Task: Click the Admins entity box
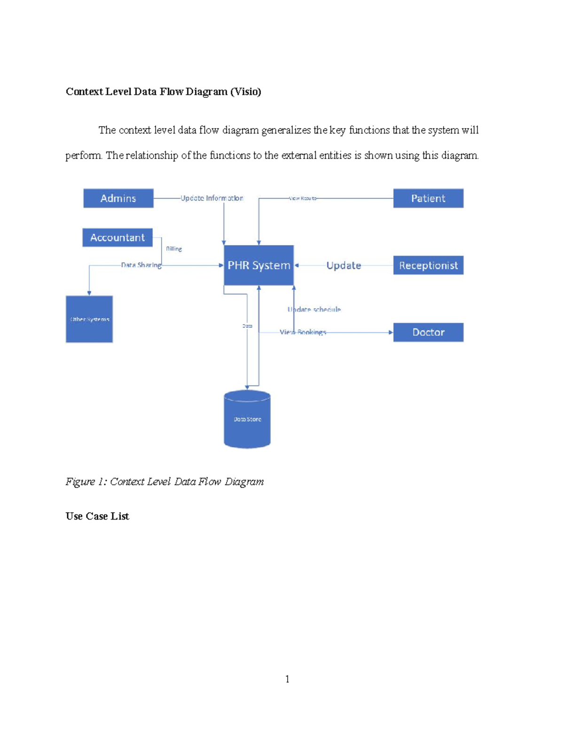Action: pyautogui.click(x=118, y=198)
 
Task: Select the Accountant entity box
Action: pyautogui.click(x=117, y=238)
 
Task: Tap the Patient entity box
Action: pyautogui.click(x=428, y=198)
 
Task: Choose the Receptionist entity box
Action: pyautogui.click(x=428, y=265)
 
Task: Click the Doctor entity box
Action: pyautogui.click(x=428, y=332)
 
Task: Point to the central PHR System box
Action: pyautogui.click(x=259, y=265)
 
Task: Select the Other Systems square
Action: pyautogui.click(x=89, y=319)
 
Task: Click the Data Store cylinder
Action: pyautogui.click(x=247, y=419)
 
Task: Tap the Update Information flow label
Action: pyautogui.click(x=212, y=198)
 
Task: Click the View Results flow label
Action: pyautogui.click(x=303, y=198)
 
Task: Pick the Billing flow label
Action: pyautogui.click(x=174, y=249)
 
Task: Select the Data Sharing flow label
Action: pyautogui.click(x=141, y=265)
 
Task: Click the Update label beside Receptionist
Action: pyautogui.click(x=344, y=265)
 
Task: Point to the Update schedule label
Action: pyautogui.click(x=314, y=309)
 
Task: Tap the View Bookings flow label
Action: pyautogui.click(x=303, y=332)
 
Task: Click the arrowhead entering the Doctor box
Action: pyautogui.click(x=391, y=332)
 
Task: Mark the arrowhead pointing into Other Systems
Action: pyautogui.click(x=89, y=293)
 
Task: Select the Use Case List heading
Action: pyautogui.click(x=97, y=516)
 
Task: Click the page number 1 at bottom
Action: pyautogui.click(x=287, y=679)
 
